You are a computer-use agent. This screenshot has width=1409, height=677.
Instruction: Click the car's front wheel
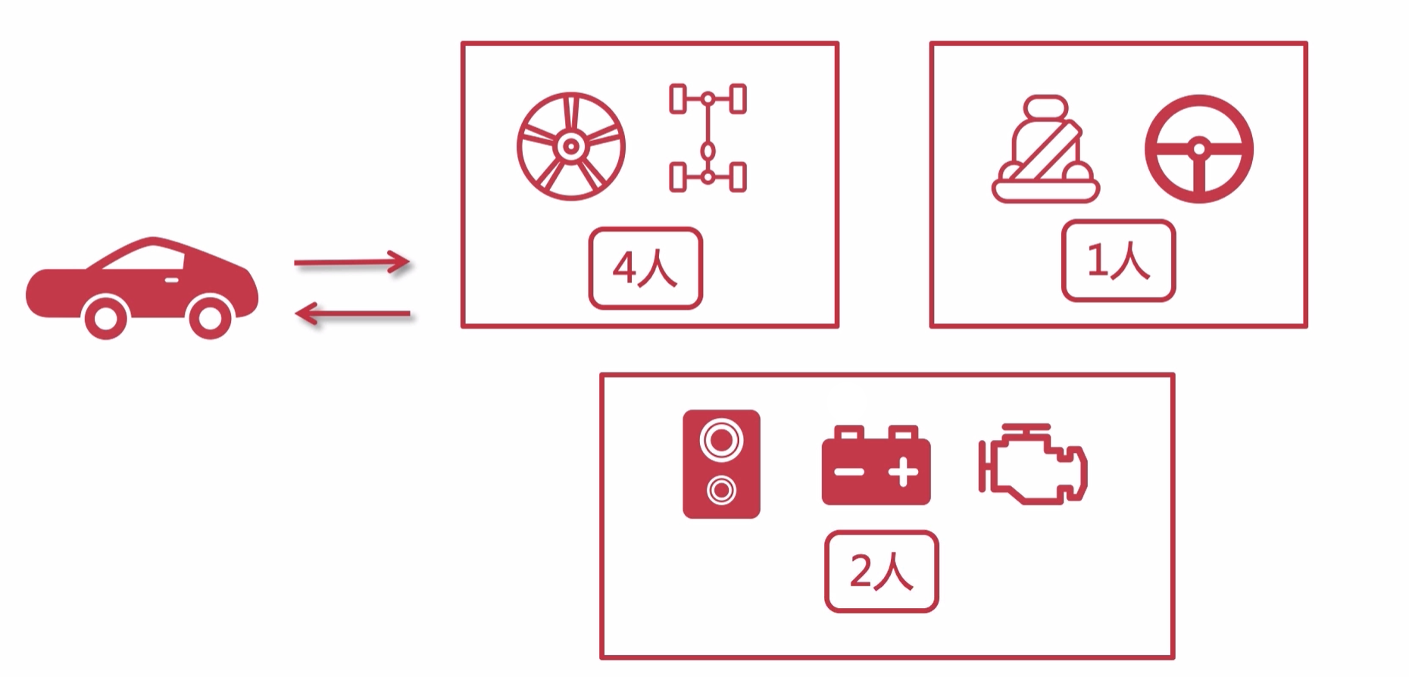209,317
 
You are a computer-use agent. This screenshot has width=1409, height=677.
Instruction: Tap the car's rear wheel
105,318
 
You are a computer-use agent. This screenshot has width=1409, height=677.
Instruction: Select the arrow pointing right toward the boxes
351,263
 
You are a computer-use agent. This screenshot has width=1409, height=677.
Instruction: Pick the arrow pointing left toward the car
352,313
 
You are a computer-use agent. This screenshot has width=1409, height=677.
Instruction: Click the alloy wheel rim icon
571,146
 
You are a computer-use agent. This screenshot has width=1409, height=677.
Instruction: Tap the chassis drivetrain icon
708,138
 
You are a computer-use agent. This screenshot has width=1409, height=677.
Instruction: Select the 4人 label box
645,268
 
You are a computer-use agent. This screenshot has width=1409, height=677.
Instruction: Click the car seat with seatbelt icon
1045,150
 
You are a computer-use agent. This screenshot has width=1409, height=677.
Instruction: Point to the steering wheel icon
1198,148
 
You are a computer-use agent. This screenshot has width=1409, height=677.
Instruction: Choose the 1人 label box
1118,261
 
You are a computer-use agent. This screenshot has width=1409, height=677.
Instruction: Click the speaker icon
721,464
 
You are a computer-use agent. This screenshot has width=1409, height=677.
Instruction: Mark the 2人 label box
881,571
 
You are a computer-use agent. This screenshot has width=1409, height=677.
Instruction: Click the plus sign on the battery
903,473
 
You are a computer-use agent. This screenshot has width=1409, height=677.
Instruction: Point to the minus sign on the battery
848,473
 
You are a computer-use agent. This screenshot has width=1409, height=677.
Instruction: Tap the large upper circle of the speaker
721,440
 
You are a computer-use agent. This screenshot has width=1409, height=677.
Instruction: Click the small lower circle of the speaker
721,491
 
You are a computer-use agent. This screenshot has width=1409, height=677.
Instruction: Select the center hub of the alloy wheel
571,146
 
